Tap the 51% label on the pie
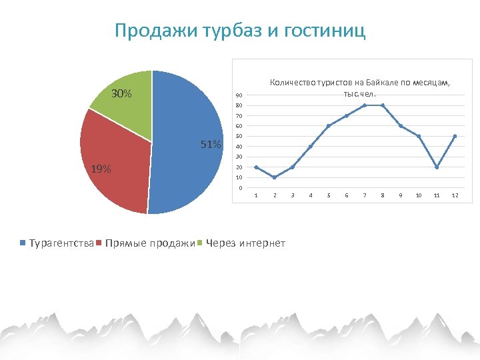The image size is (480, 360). tap(211, 144)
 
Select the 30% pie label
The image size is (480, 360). tap(121, 94)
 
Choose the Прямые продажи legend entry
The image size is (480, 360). tap(146, 243)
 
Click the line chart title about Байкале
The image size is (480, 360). tap(359, 87)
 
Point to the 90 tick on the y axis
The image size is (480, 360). tap(239, 105)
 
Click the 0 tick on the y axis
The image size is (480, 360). tap(240, 188)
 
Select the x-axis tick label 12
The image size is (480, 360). tap(455, 195)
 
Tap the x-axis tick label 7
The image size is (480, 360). tap(364, 195)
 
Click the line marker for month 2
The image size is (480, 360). tap(275, 177)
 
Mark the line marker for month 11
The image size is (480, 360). tap(437, 167)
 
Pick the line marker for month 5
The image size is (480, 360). tap(328, 126)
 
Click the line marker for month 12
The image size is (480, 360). tap(455, 136)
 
